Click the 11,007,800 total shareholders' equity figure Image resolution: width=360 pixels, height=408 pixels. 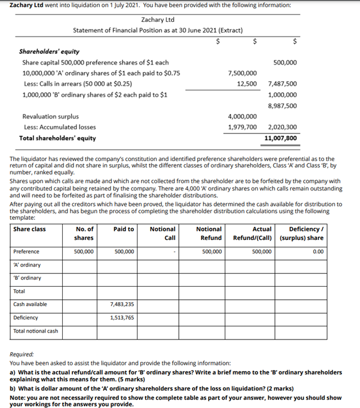[281, 138]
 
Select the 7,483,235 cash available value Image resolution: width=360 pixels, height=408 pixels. [121, 304]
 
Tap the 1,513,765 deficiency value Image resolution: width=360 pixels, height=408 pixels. [121, 317]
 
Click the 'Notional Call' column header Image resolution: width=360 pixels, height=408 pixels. [163, 233]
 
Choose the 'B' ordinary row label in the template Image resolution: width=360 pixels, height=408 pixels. [27, 278]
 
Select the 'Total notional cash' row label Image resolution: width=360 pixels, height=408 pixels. [36, 331]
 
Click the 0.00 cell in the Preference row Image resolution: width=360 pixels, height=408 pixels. [317, 251]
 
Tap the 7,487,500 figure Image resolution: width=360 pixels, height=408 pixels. [282, 84]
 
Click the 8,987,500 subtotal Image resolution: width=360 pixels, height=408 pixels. [282, 106]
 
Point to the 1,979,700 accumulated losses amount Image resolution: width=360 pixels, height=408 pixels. [242, 127]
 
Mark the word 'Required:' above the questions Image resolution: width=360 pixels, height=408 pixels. [22, 355]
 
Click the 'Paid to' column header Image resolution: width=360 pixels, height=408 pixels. [124, 229]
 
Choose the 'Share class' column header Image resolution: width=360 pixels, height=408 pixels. [29, 229]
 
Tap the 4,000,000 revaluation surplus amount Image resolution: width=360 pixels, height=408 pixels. [242, 116]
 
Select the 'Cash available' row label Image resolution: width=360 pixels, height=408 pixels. [30, 304]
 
